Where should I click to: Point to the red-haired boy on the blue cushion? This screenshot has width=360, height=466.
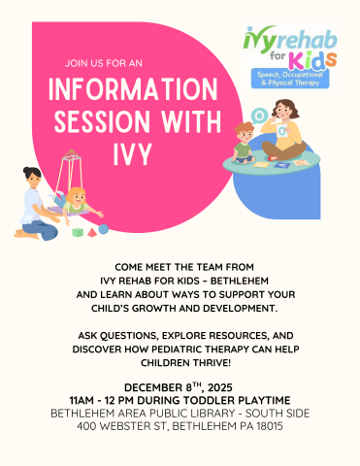click(x=245, y=142)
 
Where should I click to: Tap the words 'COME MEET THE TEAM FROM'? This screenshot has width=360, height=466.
click(x=180, y=264)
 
